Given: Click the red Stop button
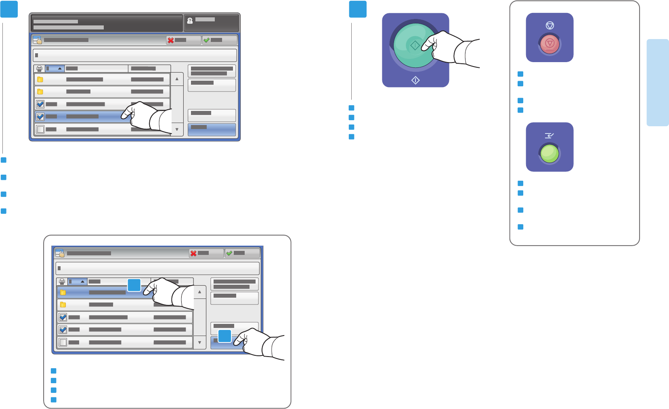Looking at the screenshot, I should point(549,44).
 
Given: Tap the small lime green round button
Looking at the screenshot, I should point(549,154).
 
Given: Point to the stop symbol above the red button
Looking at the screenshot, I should point(549,25).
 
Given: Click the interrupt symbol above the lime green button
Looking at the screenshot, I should point(549,136).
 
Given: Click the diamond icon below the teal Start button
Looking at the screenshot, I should point(415,81).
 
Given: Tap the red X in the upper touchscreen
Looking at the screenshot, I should point(171,40).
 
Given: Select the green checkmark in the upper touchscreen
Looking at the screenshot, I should point(206,40).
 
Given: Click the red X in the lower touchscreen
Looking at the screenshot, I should point(193,253).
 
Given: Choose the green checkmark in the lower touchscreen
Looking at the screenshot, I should point(229,253).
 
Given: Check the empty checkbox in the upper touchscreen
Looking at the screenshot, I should point(40,129).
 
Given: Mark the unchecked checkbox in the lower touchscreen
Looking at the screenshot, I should point(63,342).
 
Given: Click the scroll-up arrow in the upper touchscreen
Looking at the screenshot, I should point(177,79).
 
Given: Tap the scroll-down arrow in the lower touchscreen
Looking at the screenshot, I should point(199,342).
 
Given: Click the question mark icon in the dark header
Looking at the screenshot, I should point(190,21).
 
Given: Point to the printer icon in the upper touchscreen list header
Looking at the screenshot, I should point(39,69).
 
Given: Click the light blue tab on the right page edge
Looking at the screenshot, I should point(657,83).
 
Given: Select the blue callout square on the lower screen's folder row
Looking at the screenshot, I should point(134,285).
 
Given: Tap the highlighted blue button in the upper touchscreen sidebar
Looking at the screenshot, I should point(212,129).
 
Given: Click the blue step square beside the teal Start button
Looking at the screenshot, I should point(358,9).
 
